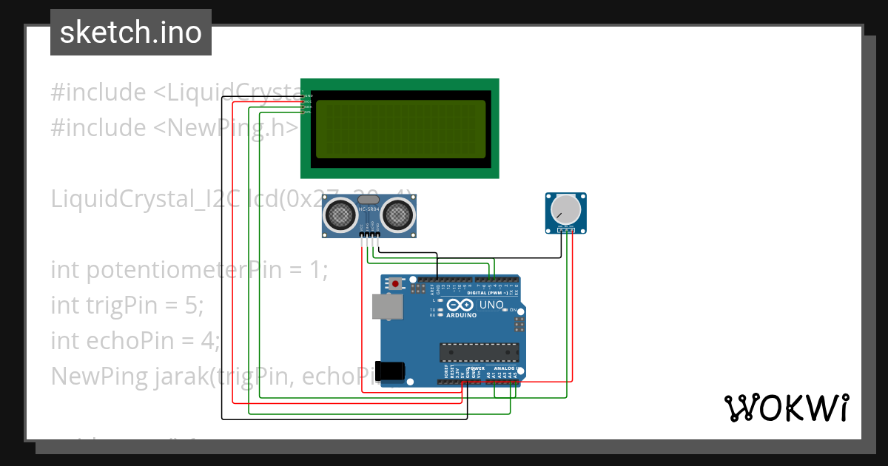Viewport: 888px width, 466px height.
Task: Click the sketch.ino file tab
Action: tap(130, 33)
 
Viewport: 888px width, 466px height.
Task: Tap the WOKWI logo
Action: tap(786, 408)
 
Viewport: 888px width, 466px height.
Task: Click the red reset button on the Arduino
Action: tap(397, 283)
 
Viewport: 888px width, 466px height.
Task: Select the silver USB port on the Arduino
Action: tap(383, 305)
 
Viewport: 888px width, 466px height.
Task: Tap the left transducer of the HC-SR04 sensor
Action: tap(340, 215)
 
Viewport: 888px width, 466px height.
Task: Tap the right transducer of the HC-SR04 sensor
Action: tap(397, 215)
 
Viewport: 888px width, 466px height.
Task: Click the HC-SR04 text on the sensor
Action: tap(369, 210)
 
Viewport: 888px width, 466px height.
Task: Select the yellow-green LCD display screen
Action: tap(400, 129)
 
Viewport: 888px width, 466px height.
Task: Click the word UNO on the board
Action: tap(492, 305)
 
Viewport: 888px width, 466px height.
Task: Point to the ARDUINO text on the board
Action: tap(460, 314)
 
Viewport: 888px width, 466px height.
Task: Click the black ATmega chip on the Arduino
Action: tap(479, 353)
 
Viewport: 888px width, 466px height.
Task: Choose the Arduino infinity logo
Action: tap(460, 304)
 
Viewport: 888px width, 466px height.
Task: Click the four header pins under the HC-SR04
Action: tap(369, 236)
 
